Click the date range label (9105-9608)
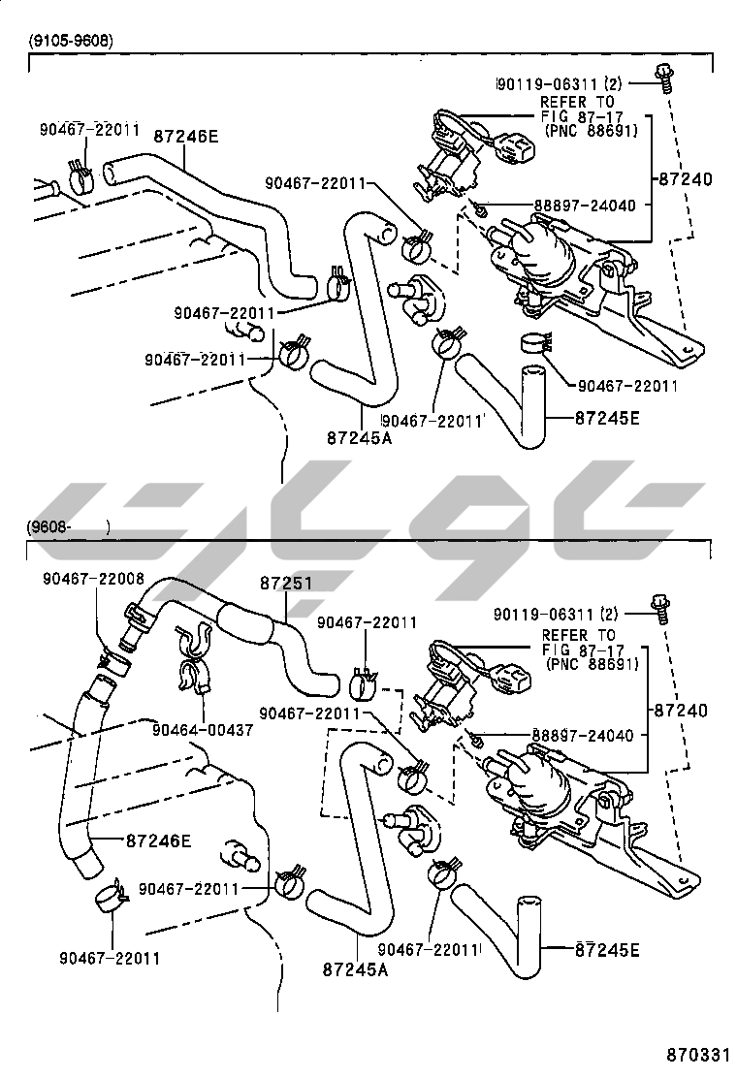tap(70, 41)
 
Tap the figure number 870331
tap(696, 1054)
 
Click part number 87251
tap(286, 584)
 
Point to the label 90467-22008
tap(93, 579)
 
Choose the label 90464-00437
tap(203, 729)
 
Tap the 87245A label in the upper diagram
tap(359, 437)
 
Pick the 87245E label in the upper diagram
tap(608, 419)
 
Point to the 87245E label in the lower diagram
tap(607, 949)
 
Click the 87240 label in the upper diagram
tap(685, 179)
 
